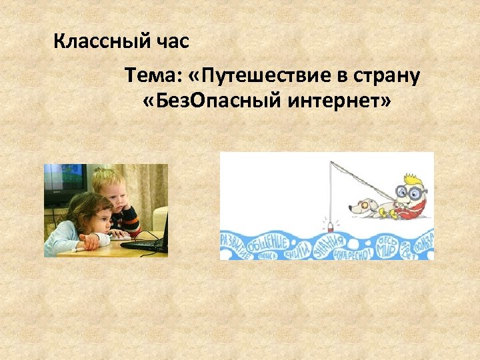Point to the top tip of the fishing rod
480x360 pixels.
coord(331,163)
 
